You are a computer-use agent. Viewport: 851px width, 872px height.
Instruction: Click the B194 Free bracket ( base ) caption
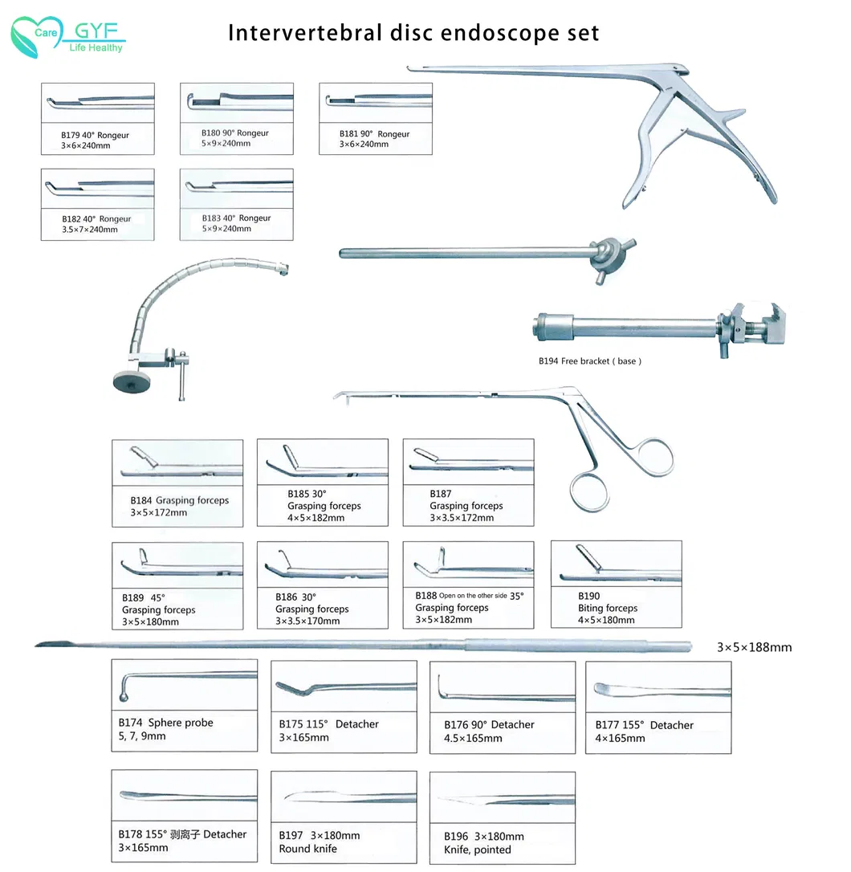click(590, 361)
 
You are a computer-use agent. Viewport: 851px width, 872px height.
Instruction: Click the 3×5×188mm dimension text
click(754, 646)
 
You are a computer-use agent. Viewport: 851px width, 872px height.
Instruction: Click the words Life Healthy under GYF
click(95, 48)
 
